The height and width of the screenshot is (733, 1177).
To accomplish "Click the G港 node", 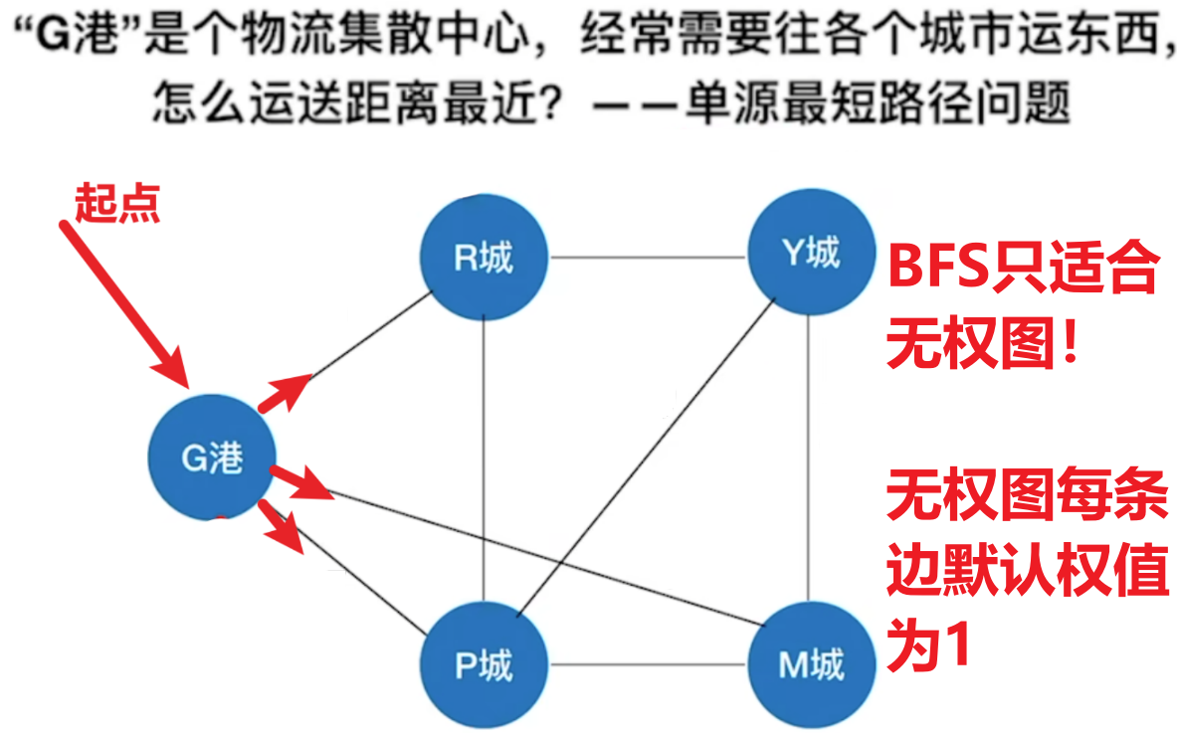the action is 213,457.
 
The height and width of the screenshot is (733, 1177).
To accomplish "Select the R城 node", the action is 485,258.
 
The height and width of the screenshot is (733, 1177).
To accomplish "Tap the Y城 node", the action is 812,252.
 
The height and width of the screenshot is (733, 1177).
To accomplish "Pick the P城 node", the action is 485,664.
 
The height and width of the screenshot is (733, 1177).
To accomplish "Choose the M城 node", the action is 812,664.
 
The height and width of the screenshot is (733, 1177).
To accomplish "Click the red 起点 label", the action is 117,203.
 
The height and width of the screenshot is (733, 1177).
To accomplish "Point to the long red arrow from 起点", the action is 123,303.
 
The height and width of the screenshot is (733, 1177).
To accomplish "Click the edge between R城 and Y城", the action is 648,258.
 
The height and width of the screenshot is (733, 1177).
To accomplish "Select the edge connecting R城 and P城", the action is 484,461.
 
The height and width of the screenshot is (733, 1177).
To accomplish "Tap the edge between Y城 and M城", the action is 809,458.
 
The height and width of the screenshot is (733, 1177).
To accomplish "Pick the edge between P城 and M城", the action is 648,664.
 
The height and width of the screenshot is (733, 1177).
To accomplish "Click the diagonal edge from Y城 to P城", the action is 646,458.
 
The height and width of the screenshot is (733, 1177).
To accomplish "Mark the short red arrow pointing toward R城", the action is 284,393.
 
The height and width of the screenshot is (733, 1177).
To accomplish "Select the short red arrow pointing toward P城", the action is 281,527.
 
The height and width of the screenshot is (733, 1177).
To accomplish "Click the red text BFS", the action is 938,267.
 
